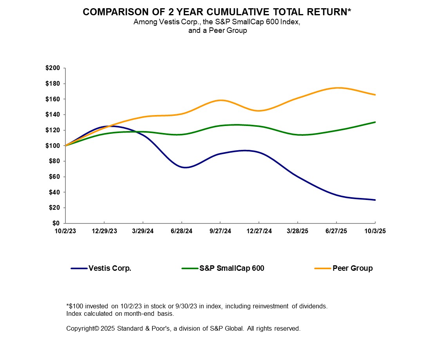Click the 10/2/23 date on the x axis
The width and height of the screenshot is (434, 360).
[x=65, y=231]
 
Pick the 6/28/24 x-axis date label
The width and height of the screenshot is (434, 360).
[x=182, y=231]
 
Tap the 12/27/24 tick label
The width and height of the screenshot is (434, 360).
[x=259, y=231]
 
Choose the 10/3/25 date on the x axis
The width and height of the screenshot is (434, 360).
[x=375, y=231]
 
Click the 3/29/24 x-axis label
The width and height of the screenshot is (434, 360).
[x=143, y=231]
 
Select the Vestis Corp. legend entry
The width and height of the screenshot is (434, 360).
[x=110, y=268]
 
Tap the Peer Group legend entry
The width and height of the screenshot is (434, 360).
[x=353, y=268]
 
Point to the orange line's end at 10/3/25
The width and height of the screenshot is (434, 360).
[x=375, y=95]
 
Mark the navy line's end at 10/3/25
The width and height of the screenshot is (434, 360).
[x=375, y=200]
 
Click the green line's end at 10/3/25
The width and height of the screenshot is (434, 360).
[x=375, y=122]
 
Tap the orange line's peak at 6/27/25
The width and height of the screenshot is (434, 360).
[x=338, y=88]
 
